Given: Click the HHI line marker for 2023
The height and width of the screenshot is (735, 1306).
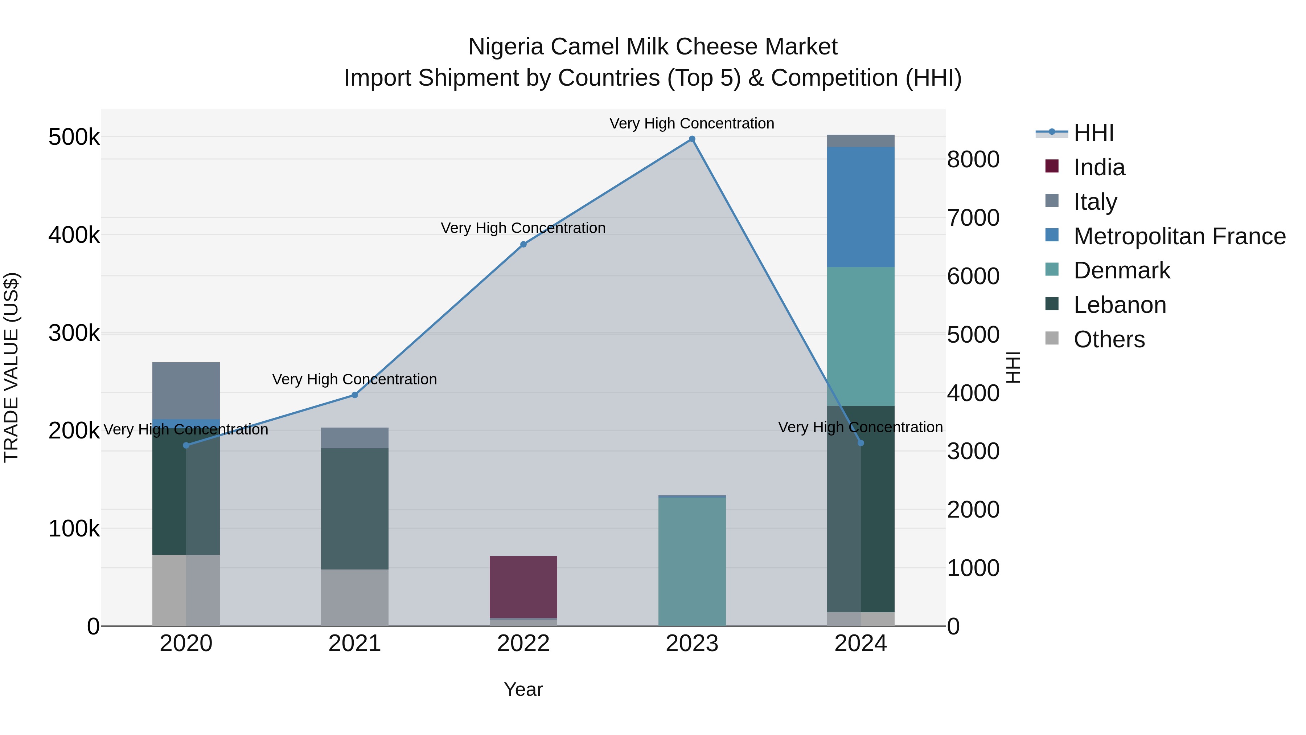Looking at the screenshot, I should tap(692, 139).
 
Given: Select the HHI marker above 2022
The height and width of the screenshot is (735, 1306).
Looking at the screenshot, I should tap(523, 245).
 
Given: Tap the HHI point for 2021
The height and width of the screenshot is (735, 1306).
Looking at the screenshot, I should tap(354, 395).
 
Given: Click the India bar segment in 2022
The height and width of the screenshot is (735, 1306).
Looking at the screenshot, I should tap(523, 587).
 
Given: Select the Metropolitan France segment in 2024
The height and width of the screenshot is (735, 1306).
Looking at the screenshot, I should tap(861, 207).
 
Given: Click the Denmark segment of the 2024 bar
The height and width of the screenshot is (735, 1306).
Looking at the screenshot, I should tap(861, 336).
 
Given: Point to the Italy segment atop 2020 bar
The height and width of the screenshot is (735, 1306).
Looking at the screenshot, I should tap(186, 391).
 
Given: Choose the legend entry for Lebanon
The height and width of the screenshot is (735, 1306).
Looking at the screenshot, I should tap(1120, 305).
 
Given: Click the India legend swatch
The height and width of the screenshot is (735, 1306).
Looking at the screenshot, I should tap(1052, 166).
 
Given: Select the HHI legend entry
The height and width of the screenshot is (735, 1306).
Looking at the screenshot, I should tap(1093, 133).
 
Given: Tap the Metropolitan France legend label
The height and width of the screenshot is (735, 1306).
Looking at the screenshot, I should tap(1179, 236).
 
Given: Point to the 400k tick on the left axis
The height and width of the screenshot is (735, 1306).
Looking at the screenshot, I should tap(74, 235).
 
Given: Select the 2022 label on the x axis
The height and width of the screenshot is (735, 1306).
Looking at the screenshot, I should tap(523, 644).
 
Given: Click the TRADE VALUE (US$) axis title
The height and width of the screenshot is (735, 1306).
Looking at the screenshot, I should tap(11, 367).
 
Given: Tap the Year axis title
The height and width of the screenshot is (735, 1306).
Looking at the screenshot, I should tap(523, 689).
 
